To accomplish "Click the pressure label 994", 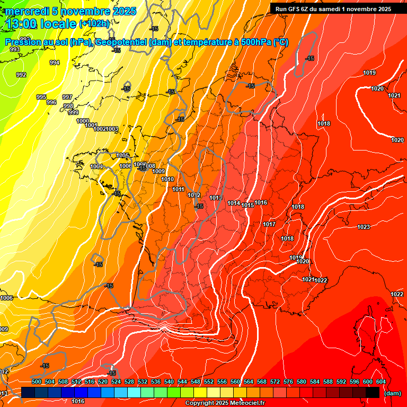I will tap(55, 63).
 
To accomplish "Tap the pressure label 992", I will tap(21, 75).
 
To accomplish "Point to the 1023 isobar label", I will tap(364, 227).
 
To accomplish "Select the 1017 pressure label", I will tap(269, 224).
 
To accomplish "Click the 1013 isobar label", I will tap(215, 198).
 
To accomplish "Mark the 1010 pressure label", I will tap(168, 179).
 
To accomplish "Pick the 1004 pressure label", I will tap(96, 166).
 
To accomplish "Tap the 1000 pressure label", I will tap(83, 121).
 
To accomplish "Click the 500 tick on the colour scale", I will tap(37, 382).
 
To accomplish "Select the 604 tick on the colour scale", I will tap(381, 382).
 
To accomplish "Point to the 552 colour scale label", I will tap(209, 382).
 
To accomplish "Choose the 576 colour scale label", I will tap(288, 382).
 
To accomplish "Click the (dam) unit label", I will tap(392, 393).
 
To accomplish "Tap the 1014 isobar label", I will tap(234, 203).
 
